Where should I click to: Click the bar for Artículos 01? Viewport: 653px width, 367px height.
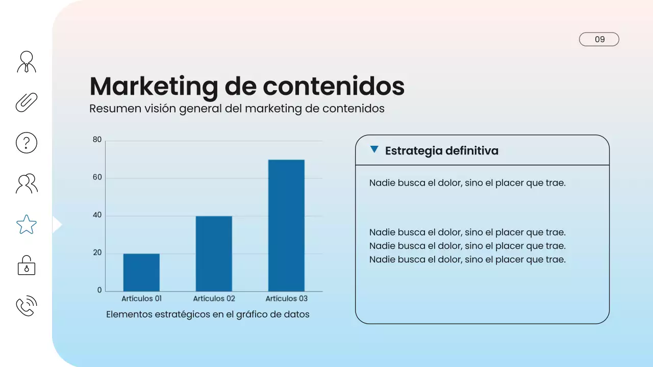(141, 272)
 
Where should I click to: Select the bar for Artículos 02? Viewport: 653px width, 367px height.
(214, 253)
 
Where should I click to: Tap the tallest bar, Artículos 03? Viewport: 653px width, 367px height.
(286, 225)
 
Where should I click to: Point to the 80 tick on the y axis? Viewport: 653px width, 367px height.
(97, 140)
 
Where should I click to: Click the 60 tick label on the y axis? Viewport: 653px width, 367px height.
(97, 178)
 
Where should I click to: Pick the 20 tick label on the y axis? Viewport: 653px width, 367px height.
(97, 253)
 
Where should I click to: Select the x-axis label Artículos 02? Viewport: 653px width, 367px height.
(214, 299)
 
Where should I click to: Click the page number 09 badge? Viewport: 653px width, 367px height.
(599, 39)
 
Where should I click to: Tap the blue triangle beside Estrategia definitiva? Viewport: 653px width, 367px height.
(374, 150)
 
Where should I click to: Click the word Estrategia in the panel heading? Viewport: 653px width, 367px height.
(413, 151)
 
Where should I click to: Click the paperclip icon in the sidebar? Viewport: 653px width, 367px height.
(27, 102)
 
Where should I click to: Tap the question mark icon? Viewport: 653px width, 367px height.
(27, 143)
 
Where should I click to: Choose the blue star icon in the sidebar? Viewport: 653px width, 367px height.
(27, 224)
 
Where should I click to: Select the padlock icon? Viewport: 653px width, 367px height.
(27, 266)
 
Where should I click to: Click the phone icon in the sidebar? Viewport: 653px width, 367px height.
(27, 306)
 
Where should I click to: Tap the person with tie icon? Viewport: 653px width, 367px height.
(27, 62)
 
